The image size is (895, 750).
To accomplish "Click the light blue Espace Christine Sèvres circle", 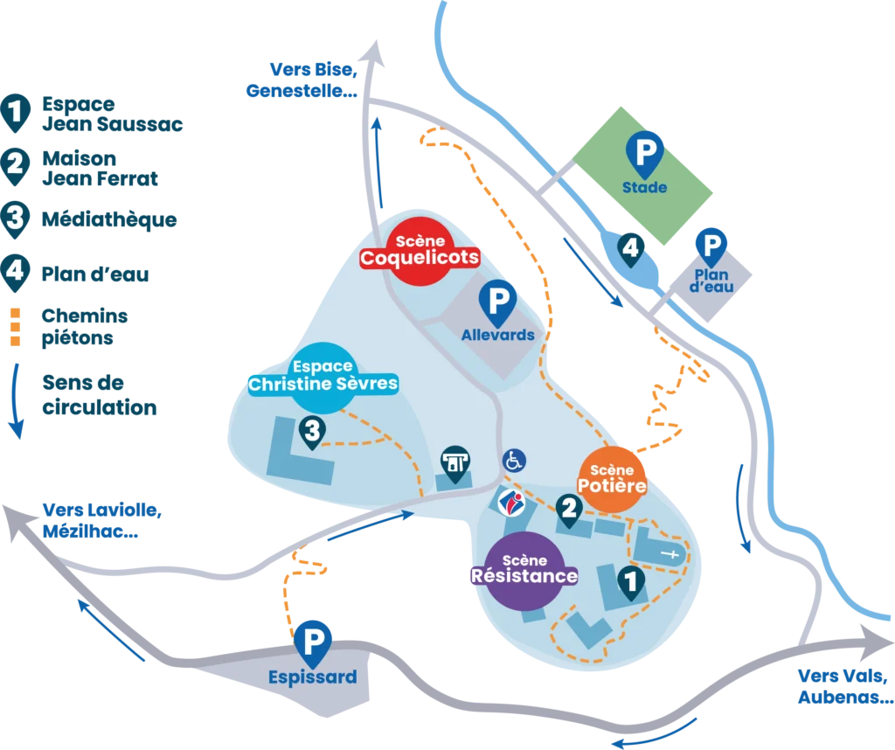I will tap(323, 377).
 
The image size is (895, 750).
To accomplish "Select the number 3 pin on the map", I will tap(312, 429).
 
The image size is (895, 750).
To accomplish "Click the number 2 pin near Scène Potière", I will tap(570, 509).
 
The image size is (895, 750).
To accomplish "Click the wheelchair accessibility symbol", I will tap(514, 459).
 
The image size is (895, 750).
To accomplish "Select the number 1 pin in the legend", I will tap(15, 112).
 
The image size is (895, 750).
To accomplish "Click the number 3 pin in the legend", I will tap(15, 218).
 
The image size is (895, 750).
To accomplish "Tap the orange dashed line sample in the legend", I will tap(15, 325).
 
